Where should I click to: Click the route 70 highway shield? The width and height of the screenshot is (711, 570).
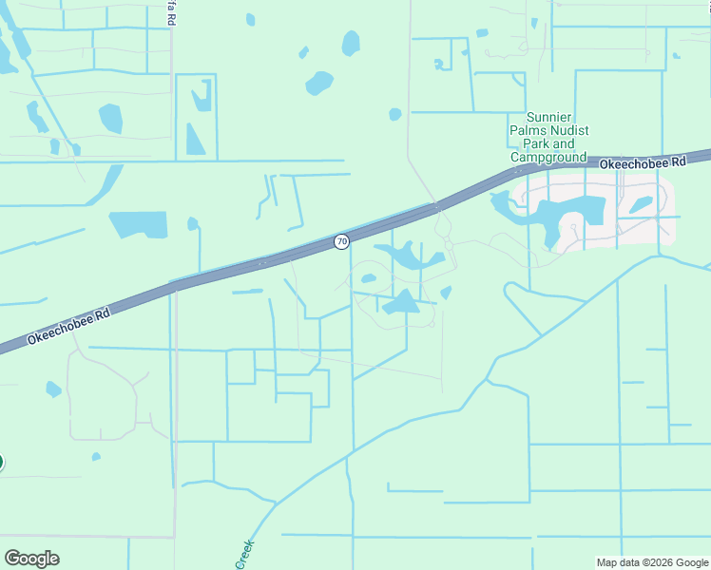pos(340,242)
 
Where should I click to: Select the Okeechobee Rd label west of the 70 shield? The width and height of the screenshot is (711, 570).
pos(69,325)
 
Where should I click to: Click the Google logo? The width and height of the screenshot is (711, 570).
pos(31,559)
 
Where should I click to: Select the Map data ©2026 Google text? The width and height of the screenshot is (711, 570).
pos(651,562)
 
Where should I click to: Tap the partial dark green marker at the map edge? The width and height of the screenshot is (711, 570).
pos(1,463)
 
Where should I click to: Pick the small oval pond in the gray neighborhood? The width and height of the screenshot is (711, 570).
pos(641,204)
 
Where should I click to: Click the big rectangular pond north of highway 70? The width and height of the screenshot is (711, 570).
pos(138,224)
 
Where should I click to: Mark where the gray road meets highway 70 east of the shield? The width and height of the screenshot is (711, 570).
pos(437,207)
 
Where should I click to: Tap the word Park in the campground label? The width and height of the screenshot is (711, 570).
pos(527,143)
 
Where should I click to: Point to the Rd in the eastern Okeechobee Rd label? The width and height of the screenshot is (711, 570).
pos(678,162)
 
